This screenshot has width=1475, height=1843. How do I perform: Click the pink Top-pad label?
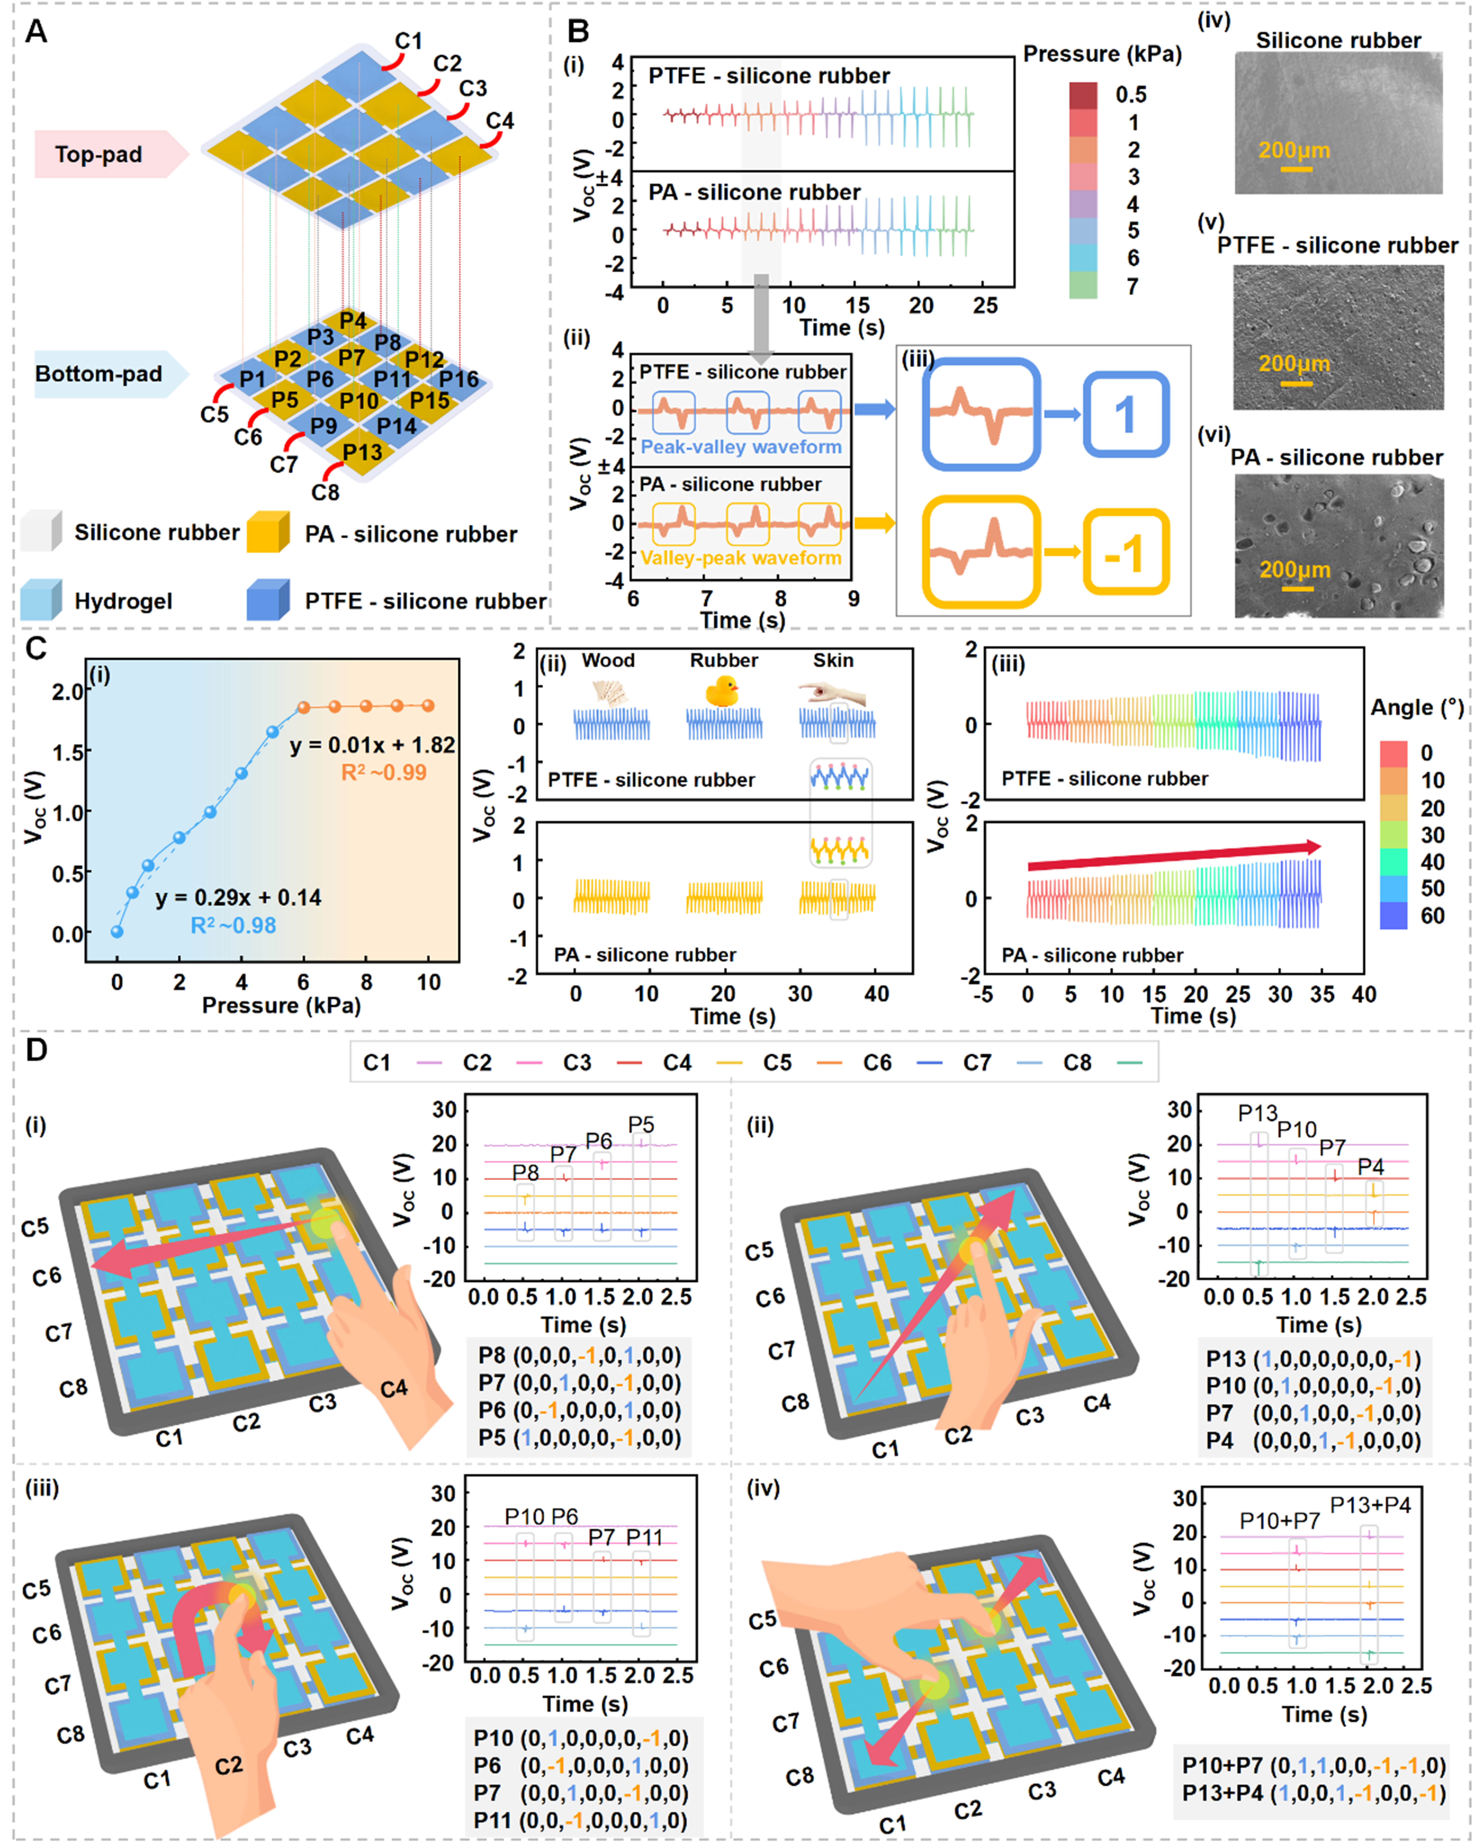click(x=99, y=155)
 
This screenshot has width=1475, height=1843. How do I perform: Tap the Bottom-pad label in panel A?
click(x=99, y=374)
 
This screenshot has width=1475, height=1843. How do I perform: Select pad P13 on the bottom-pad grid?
click(x=362, y=451)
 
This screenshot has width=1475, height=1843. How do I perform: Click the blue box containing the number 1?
click(x=1125, y=415)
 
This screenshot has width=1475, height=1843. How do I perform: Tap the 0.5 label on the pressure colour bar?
click(x=1130, y=95)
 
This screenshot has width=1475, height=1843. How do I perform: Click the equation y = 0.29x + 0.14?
click(x=239, y=898)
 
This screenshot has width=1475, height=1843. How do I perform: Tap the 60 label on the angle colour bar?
click(x=1432, y=916)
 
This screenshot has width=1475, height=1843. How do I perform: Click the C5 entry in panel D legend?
click(x=777, y=1063)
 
